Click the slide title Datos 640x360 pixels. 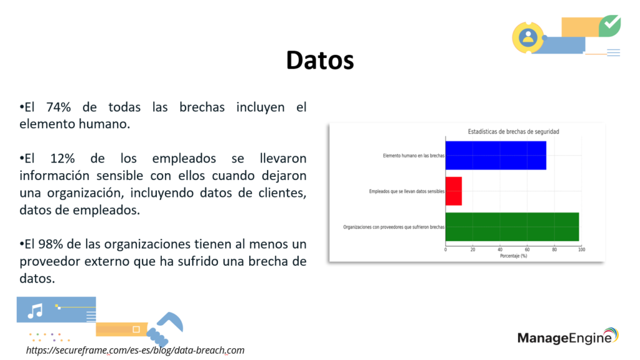pos(320,61)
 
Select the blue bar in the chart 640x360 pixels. pos(496,156)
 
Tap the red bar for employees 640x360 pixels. pos(454,191)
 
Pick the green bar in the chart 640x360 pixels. pos(512,227)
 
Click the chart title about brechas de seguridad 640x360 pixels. pos(513,131)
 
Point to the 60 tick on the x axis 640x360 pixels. pos(527,249)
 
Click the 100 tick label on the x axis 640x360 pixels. pos(581,249)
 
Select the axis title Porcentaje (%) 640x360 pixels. pos(514,256)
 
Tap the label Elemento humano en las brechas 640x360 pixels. pos(414,156)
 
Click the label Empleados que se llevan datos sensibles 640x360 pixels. pos(406,191)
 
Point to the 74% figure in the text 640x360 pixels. pos(58,107)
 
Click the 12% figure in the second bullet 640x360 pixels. pos(62,158)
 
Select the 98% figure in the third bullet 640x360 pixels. pos(51,244)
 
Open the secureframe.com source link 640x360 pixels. pos(135,350)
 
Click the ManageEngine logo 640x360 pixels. pos(568,337)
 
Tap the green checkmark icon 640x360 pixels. pos(610,25)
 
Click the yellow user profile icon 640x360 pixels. pos(528,37)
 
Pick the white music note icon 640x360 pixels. pos(35,311)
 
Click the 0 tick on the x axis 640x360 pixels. pos(445,249)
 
